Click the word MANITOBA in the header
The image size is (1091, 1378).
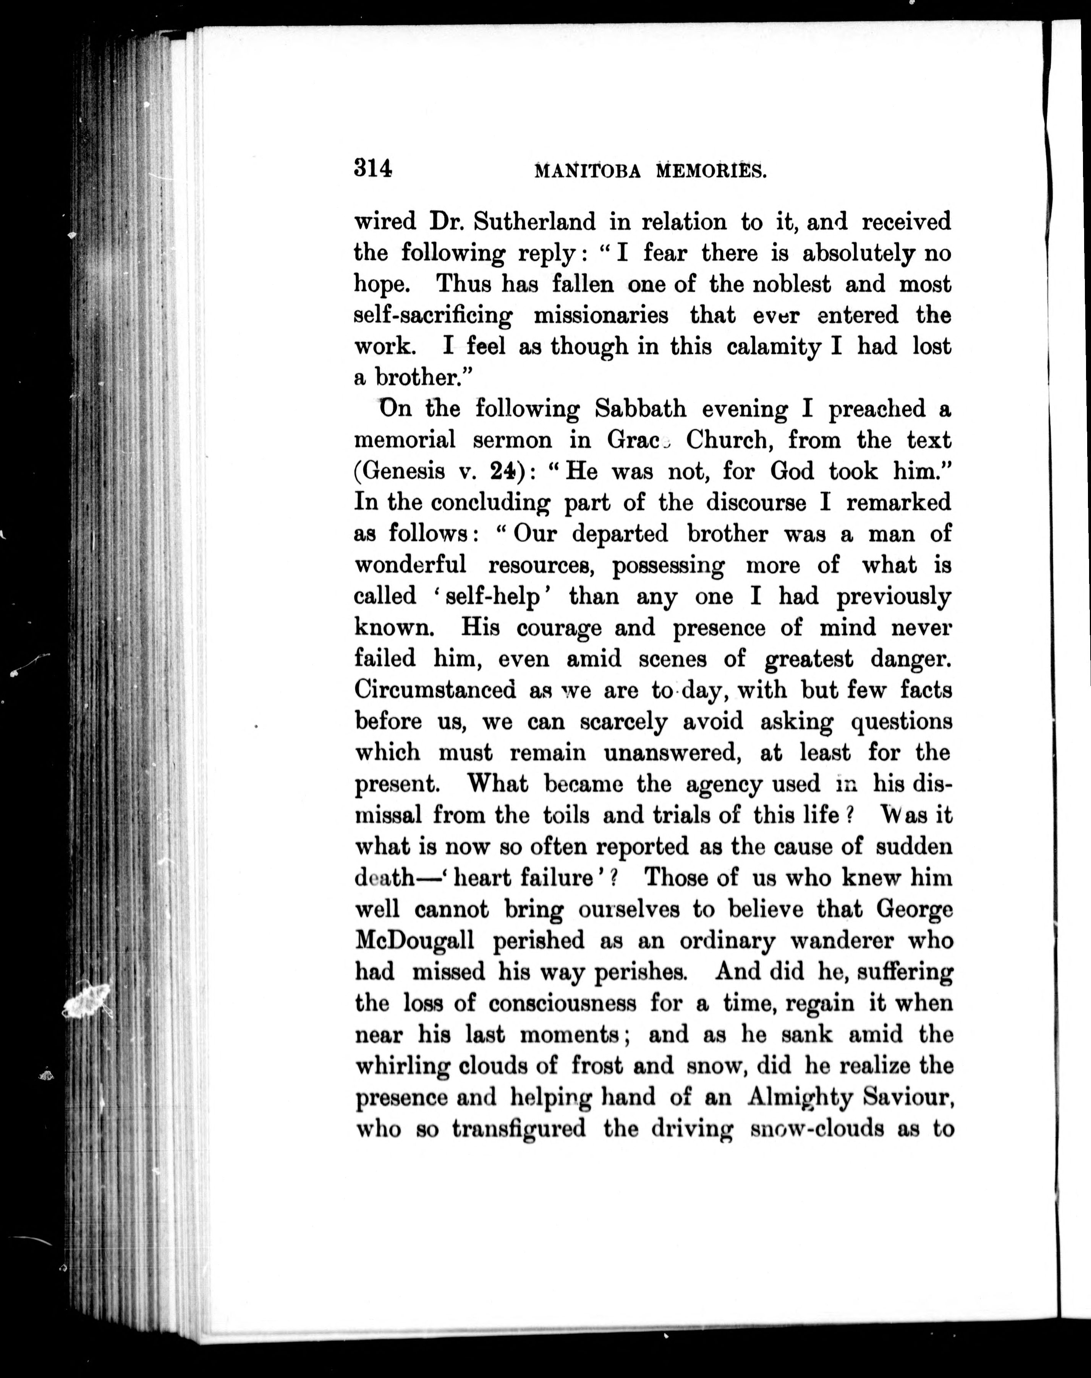(x=587, y=171)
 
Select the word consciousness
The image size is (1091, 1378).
(x=562, y=1003)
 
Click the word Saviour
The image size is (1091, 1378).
(x=908, y=1097)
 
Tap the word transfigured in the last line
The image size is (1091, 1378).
(x=519, y=1128)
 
